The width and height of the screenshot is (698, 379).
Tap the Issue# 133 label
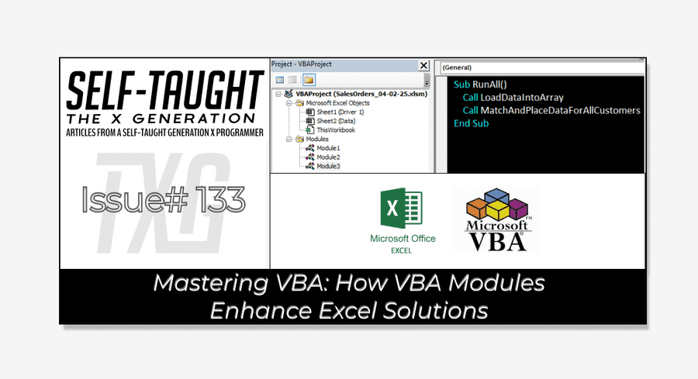point(164,201)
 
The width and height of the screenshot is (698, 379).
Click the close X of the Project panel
point(423,66)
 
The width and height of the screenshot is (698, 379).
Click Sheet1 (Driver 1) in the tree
point(340,112)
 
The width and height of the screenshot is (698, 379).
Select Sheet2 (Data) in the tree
point(335,121)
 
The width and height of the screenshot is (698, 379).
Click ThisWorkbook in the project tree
point(334,130)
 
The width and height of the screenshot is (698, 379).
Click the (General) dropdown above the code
point(541,67)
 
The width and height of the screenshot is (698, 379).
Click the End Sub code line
point(471,123)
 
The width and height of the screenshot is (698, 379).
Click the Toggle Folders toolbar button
point(309,79)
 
